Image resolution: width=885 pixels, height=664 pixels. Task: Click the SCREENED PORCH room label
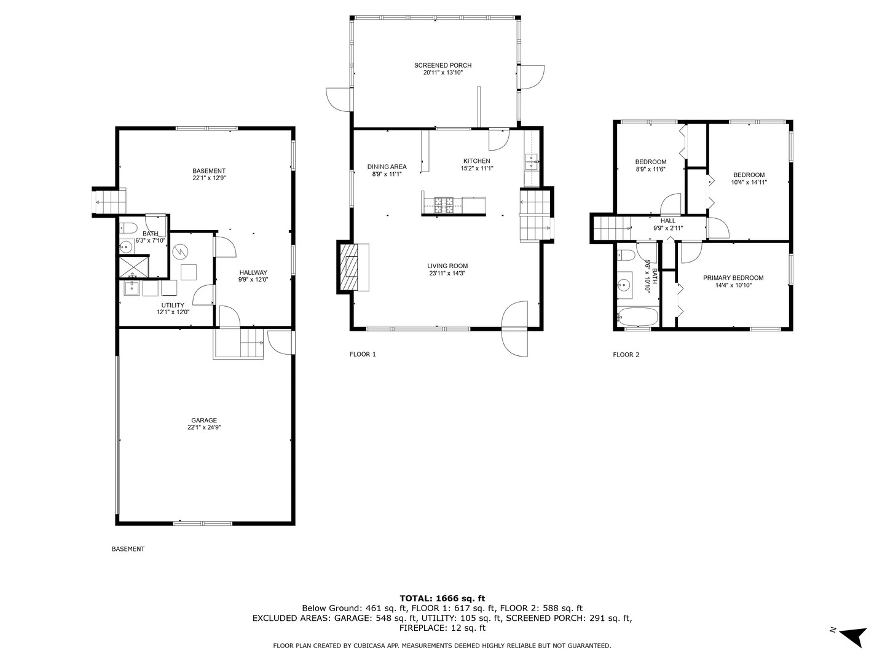click(442, 65)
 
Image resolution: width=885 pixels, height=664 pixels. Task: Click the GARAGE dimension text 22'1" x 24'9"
click(204, 427)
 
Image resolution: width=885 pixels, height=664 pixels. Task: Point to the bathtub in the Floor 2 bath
click(637, 317)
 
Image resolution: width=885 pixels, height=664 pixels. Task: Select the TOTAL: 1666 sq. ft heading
click(442, 598)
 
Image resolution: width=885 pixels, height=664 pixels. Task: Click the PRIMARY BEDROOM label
click(733, 278)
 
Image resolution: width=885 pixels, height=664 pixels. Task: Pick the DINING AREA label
click(387, 167)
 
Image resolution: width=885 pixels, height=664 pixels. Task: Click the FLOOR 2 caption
click(626, 355)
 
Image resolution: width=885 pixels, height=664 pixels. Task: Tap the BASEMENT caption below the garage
click(128, 549)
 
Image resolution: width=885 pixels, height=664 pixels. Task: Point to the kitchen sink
click(531, 162)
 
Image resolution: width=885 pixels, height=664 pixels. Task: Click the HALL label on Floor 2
click(667, 221)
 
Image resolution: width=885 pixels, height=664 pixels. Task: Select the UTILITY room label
click(173, 305)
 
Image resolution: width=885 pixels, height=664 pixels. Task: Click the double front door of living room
click(515, 328)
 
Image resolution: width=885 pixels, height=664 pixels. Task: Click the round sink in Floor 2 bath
click(625, 285)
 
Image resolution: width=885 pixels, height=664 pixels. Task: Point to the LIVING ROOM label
click(447, 266)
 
